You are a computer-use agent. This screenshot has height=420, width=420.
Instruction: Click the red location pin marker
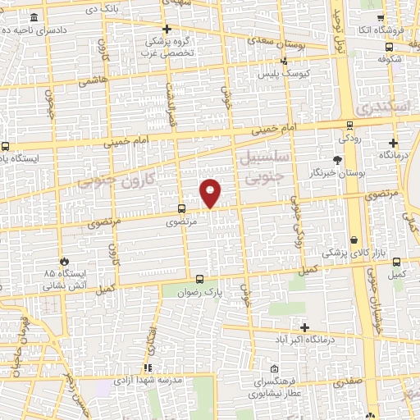[211, 192]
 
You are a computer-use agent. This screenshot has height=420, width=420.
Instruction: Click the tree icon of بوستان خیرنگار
[337, 160]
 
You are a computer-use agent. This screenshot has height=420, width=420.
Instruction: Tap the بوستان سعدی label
[279, 39]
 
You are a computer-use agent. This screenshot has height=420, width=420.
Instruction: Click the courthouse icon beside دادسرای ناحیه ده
[33, 18]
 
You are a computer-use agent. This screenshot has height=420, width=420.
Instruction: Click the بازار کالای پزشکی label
[352, 254]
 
